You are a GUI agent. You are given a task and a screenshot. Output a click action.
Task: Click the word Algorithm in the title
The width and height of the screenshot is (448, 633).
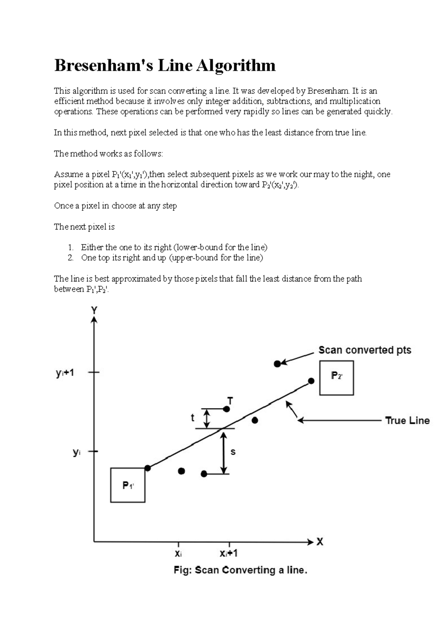point(236,66)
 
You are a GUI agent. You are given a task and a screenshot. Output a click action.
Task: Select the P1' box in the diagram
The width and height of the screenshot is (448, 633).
point(128,485)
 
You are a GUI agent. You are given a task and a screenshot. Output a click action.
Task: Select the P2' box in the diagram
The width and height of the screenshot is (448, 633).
point(336,377)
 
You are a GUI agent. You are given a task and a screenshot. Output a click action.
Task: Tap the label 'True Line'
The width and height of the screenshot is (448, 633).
point(407,421)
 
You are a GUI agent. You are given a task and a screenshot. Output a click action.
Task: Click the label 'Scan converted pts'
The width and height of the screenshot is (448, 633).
point(364,350)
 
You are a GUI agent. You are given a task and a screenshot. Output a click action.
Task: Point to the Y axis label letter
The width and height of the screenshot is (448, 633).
point(94,310)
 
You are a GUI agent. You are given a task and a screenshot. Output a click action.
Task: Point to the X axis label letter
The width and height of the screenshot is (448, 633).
point(320,542)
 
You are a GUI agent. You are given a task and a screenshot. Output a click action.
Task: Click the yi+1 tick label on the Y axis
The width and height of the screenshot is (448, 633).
point(65,373)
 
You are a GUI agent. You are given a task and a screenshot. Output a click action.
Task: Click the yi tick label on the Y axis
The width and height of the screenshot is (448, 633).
point(77,452)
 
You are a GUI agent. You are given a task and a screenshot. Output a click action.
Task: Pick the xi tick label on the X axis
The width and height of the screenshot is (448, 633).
point(178,554)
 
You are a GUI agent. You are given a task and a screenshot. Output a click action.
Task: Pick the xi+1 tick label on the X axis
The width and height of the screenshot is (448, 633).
point(228,554)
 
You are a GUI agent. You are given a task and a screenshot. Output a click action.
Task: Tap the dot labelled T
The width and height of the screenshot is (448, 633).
point(226,409)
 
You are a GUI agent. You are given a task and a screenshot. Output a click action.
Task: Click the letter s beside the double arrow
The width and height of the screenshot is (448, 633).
point(233,452)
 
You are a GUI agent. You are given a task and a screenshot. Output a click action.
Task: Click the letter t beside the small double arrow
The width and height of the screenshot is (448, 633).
point(193,418)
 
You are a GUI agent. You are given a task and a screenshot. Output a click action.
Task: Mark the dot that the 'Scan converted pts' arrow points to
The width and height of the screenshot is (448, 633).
point(277,364)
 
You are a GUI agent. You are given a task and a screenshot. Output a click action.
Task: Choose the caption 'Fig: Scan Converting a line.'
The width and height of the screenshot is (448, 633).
point(240,570)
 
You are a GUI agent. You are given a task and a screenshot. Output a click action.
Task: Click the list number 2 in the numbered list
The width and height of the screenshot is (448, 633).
point(71,258)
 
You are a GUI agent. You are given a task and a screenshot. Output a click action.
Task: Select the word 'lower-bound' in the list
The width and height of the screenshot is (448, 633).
point(195,247)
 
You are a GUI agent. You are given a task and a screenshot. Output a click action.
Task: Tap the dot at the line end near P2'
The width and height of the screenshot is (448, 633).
point(311,381)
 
